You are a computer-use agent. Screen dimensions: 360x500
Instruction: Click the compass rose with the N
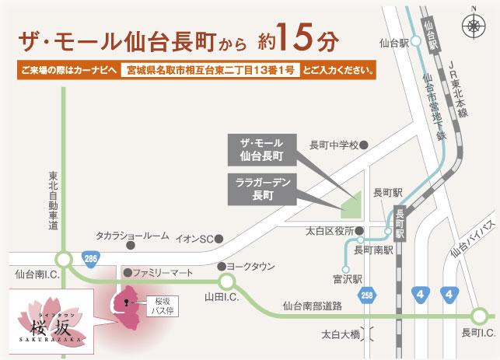pyautogui.click(x=475, y=26)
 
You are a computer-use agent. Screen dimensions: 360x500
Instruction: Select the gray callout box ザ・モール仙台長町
pyautogui.click(x=266, y=149)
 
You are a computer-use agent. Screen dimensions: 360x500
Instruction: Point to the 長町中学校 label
pyautogui.click(x=334, y=145)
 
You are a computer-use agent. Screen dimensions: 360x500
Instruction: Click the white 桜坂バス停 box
pyautogui.click(x=160, y=305)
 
